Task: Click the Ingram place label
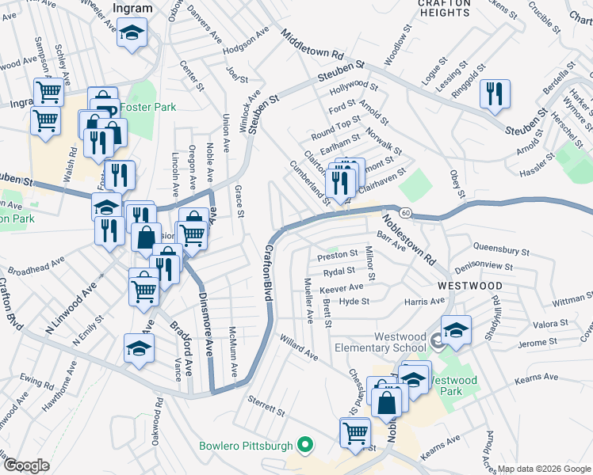(x=132, y=8)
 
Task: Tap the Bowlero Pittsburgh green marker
(x=302, y=446)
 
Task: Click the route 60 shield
(x=404, y=213)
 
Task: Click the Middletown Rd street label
(x=315, y=47)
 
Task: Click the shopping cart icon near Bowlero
(x=354, y=432)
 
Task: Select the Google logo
(x=25, y=465)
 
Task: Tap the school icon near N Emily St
(x=138, y=348)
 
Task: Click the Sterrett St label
(x=265, y=406)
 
